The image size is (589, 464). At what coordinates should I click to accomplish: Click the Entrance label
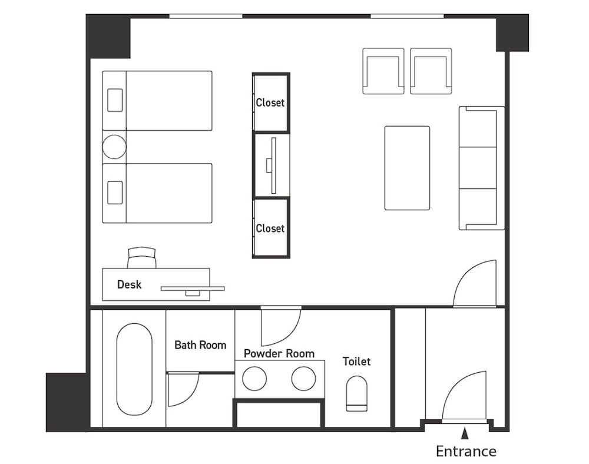(x=466, y=451)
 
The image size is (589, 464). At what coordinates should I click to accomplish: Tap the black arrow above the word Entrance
(x=465, y=433)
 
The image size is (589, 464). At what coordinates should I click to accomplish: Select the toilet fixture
(x=356, y=393)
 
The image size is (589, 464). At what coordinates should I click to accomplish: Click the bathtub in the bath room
(x=134, y=369)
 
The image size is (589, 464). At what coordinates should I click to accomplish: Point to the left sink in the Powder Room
(x=254, y=379)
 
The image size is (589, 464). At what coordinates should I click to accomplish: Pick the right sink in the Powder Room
(x=303, y=379)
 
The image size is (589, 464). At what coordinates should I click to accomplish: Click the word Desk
(x=129, y=284)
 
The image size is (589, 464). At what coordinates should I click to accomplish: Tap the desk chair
(x=141, y=257)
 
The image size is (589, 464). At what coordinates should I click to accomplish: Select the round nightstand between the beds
(x=114, y=147)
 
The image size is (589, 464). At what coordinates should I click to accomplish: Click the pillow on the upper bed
(x=115, y=100)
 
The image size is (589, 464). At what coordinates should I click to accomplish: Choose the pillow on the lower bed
(x=115, y=193)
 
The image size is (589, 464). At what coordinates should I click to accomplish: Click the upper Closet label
(x=270, y=102)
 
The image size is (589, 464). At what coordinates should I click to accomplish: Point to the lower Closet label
(x=270, y=228)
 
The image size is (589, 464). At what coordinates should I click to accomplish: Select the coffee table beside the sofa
(x=407, y=168)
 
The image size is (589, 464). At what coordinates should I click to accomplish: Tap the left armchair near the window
(x=383, y=71)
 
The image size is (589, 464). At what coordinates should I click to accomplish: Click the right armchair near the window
(x=431, y=71)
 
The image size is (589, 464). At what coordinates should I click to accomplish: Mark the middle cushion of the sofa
(x=478, y=168)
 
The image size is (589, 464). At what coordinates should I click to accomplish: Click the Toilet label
(x=356, y=361)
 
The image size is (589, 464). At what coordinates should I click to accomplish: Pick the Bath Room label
(x=200, y=344)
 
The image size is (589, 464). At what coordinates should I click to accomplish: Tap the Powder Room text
(x=279, y=353)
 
